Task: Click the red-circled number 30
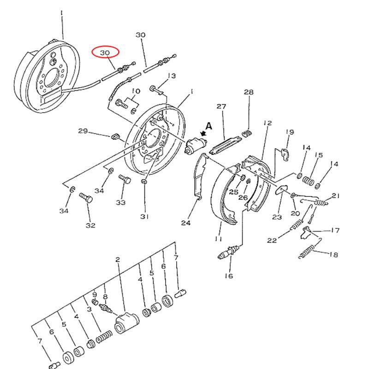[x=105, y=53]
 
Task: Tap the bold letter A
[x=209, y=125]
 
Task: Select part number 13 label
[x=172, y=76]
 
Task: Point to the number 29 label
[x=83, y=131]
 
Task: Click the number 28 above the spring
[x=249, y=92]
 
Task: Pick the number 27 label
[x=221, y=107]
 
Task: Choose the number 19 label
[x=290, y=132]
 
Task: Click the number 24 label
[x=185, y=223]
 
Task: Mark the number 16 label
[x=229, y=276]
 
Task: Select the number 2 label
[x=118, y=260]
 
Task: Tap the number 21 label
[x=335, y=196]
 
